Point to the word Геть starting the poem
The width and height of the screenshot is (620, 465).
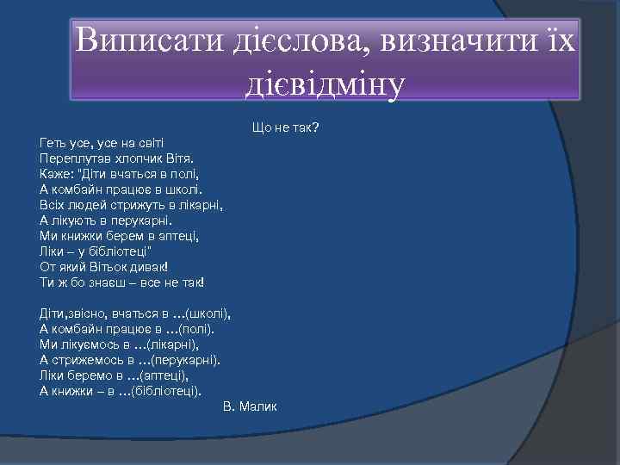pos(53,142)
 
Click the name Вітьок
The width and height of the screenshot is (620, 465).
pos(112,266)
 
